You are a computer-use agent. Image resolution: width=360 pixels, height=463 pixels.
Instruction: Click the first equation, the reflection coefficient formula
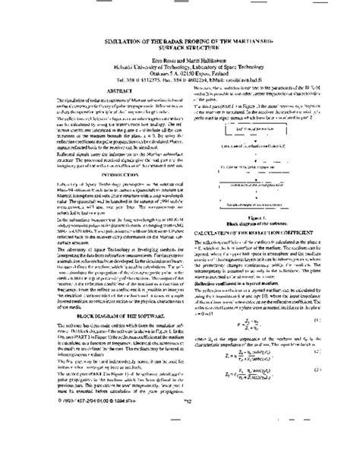point(257,322)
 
